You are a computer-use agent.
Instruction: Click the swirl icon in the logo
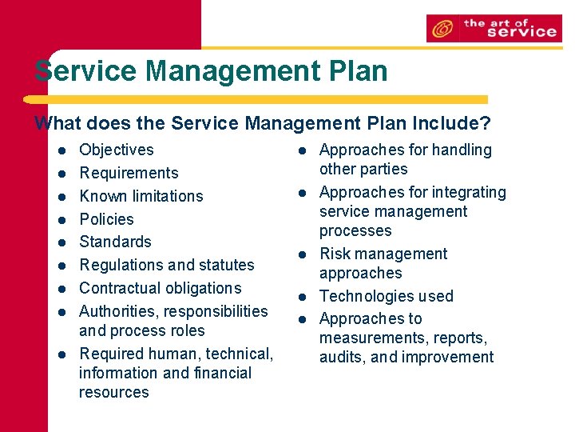click(x=441, y=30)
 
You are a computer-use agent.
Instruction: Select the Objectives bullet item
click(x=117, y=150)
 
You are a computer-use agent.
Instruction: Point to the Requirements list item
click(x=129, y=173)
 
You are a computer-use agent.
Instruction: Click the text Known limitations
click(x=141, y=196)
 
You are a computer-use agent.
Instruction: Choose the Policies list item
click(x=106, y=219)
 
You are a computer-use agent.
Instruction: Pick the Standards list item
click(x=115, y=242)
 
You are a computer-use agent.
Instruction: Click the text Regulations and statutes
click(x=166, y=265)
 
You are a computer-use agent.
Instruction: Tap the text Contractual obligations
click(x=160, y=288)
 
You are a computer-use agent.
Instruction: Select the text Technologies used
click(x=386, y=296)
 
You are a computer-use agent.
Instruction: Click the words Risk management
click(x=383, y=254)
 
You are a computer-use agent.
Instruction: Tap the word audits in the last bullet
click(x=341, y=358)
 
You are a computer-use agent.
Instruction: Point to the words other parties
click(x=363, y=169)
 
